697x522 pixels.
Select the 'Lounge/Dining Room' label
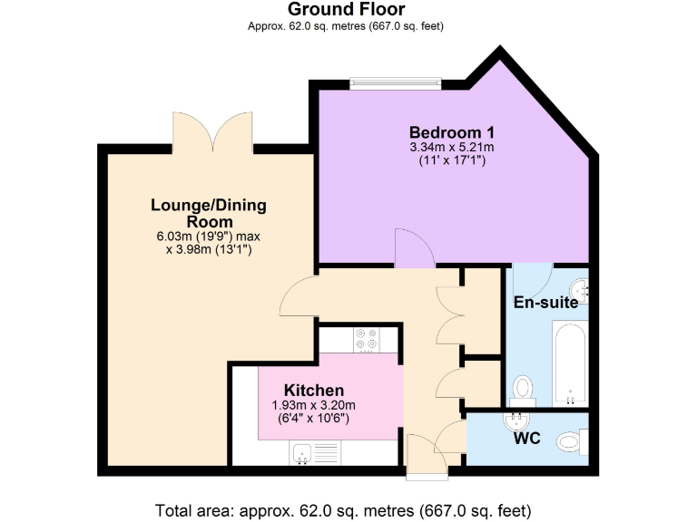[209, 213]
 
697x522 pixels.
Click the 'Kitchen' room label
[314, 390]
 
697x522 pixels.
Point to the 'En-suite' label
[546, 303]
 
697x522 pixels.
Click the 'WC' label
[527, 440]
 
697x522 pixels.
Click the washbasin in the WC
[516, 420]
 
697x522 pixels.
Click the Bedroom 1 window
[395, 82]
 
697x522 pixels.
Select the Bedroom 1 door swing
[413, 249]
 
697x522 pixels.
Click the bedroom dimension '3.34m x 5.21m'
[451, 147]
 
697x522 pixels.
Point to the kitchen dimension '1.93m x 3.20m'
[314, 405]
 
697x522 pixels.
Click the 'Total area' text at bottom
[343, 508]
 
